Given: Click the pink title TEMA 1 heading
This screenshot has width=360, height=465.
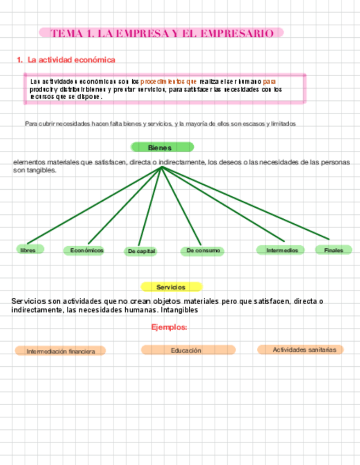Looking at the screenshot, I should [161, 33].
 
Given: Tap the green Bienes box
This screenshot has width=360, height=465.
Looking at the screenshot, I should [161, 148].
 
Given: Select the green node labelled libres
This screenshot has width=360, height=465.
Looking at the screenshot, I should [29, 250].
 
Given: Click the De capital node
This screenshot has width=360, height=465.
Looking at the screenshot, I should [141, 251].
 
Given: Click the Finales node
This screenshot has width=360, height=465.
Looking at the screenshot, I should [333, 250].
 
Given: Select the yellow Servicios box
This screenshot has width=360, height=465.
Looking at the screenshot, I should [171, 287].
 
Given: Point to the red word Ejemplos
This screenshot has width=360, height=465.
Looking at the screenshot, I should [169, 327].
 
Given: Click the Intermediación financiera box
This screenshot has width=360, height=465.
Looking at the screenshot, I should [60, 351].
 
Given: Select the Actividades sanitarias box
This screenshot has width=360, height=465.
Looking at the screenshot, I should [301, 349].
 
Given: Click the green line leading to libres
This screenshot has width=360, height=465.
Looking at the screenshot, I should [93, 206].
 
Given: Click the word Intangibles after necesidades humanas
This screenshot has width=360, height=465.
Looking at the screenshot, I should [178, 310].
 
